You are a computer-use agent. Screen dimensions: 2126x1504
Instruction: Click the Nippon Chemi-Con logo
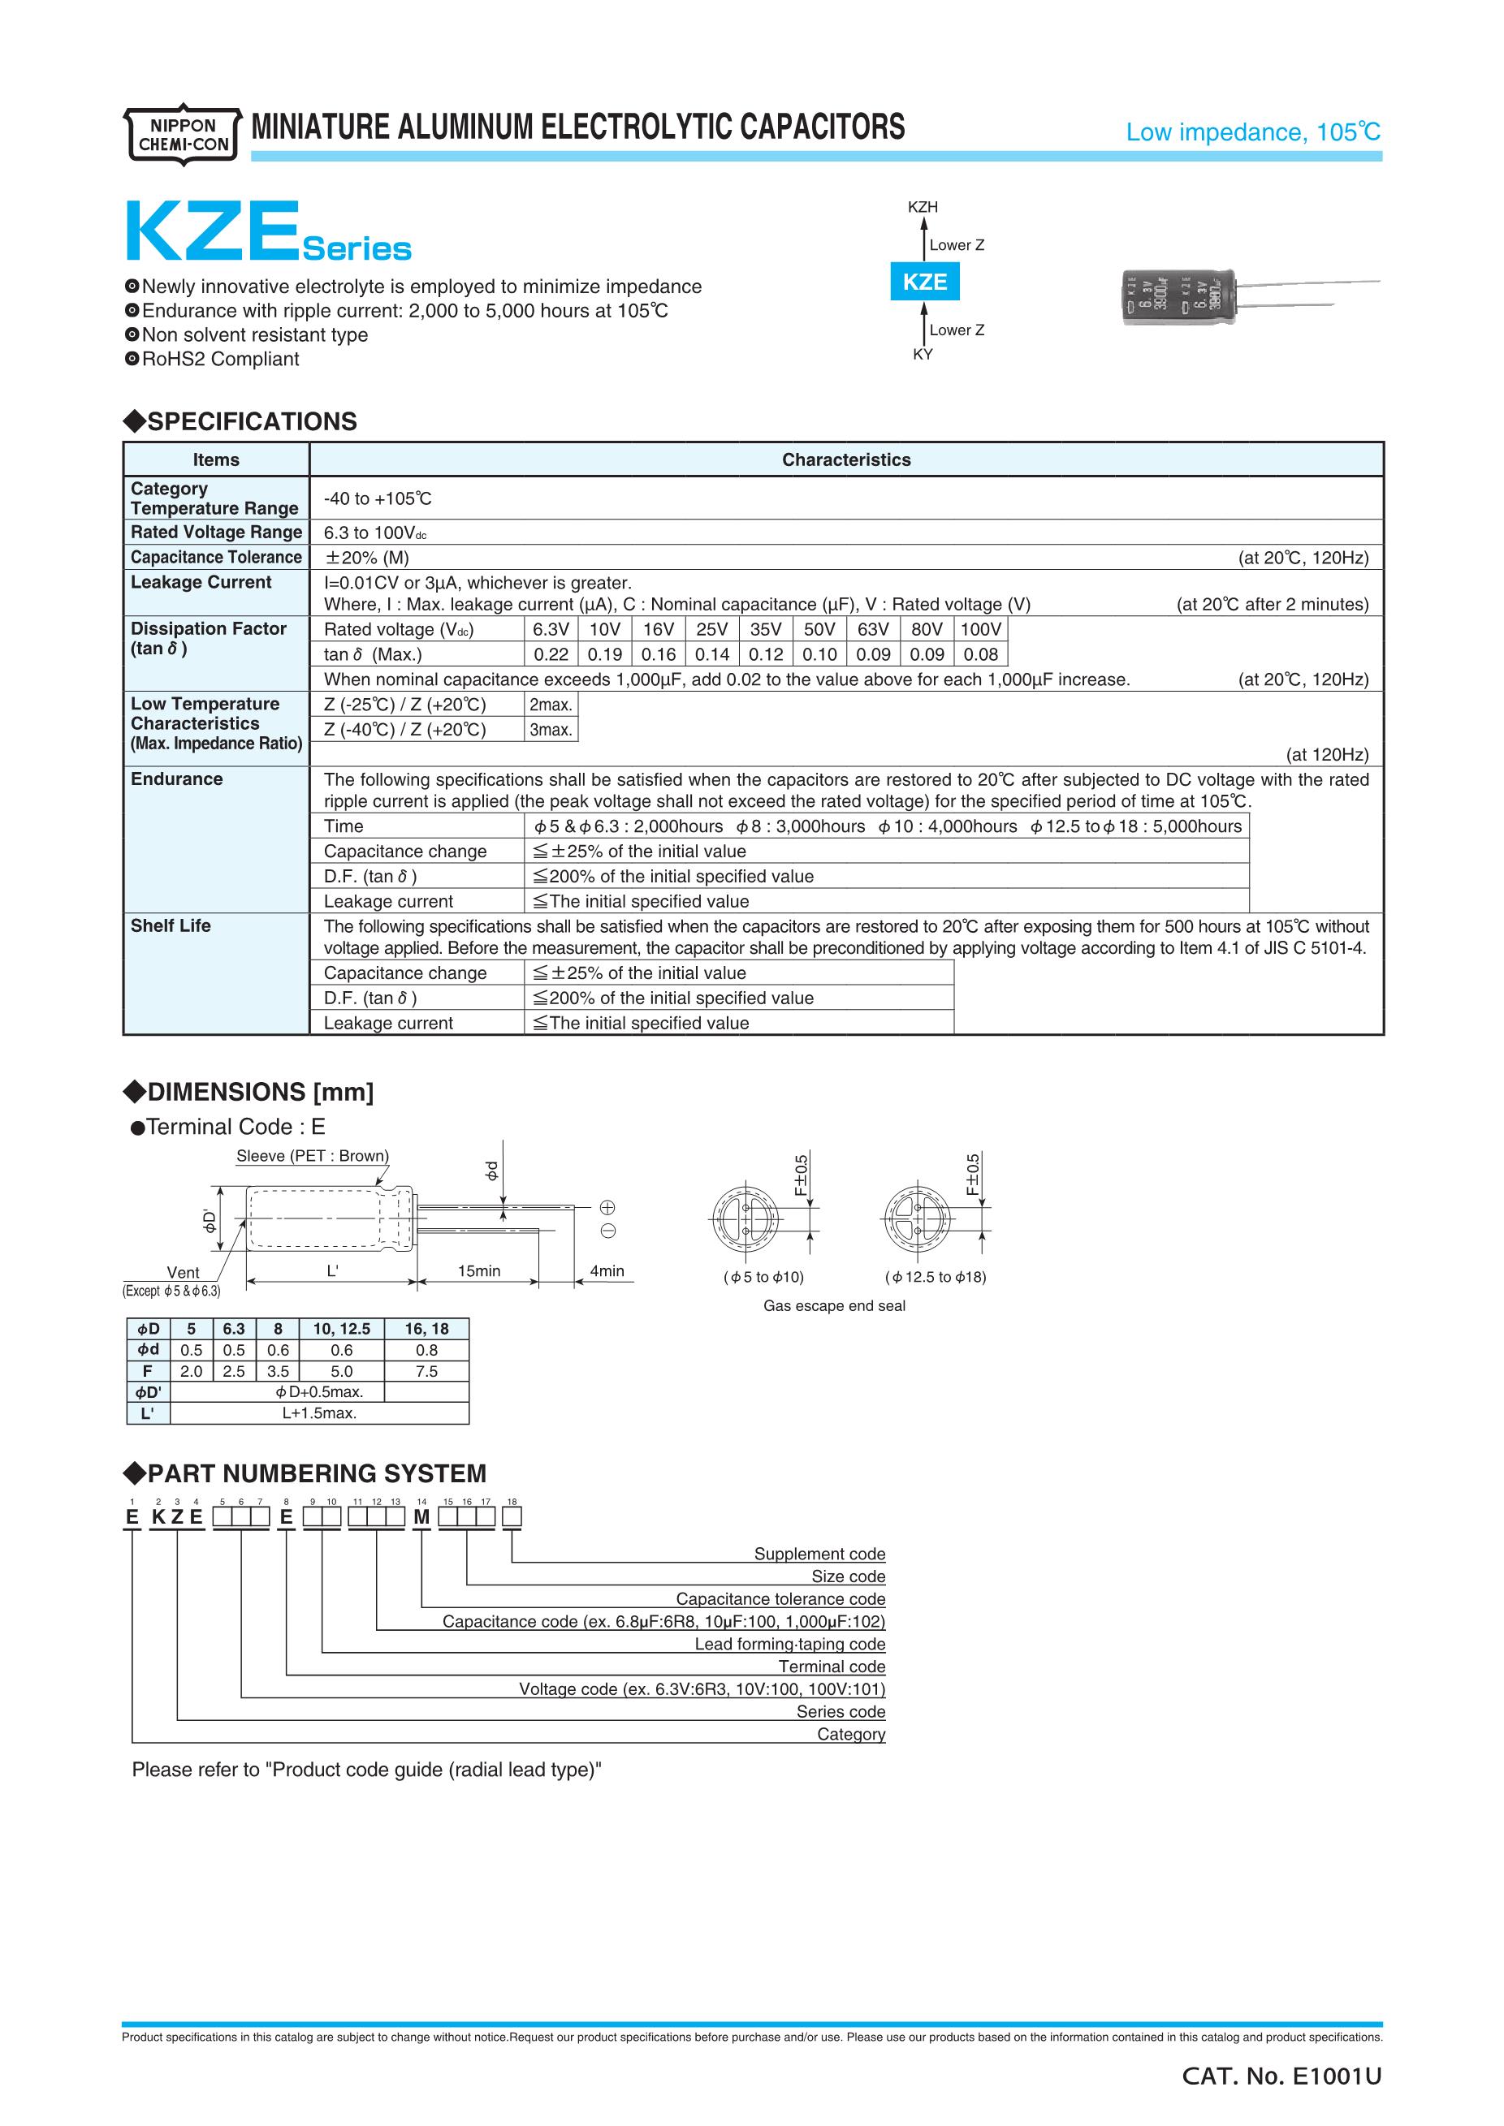183,136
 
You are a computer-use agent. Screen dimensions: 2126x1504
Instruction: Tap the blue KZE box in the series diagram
924,282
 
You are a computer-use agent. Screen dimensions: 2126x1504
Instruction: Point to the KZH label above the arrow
923,208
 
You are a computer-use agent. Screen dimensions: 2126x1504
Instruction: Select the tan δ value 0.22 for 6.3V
551,654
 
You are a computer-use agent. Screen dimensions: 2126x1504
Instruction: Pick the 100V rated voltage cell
981,630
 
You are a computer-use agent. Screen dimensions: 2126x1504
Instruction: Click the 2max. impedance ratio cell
550,705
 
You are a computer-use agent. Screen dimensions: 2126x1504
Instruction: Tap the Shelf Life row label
171,926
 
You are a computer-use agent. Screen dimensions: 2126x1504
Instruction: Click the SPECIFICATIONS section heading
251,422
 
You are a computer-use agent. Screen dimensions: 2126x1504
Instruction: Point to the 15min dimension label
479,1271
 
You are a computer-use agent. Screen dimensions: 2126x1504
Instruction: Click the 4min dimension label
607,1271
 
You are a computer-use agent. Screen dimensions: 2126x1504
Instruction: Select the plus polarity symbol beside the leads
607,1207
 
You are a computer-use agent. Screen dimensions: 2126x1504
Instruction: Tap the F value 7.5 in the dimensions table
426,1371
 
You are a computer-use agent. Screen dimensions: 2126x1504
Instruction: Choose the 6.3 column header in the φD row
233,1329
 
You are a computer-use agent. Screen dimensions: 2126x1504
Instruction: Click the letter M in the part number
421,1518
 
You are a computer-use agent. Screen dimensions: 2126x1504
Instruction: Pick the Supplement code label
819,1554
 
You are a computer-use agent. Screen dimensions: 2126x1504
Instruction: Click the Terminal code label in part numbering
832,1667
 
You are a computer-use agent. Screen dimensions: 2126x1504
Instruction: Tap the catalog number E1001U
1281,2077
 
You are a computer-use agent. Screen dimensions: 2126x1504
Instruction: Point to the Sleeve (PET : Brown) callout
312,1156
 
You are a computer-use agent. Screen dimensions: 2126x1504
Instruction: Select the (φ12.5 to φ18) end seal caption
936,1277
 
